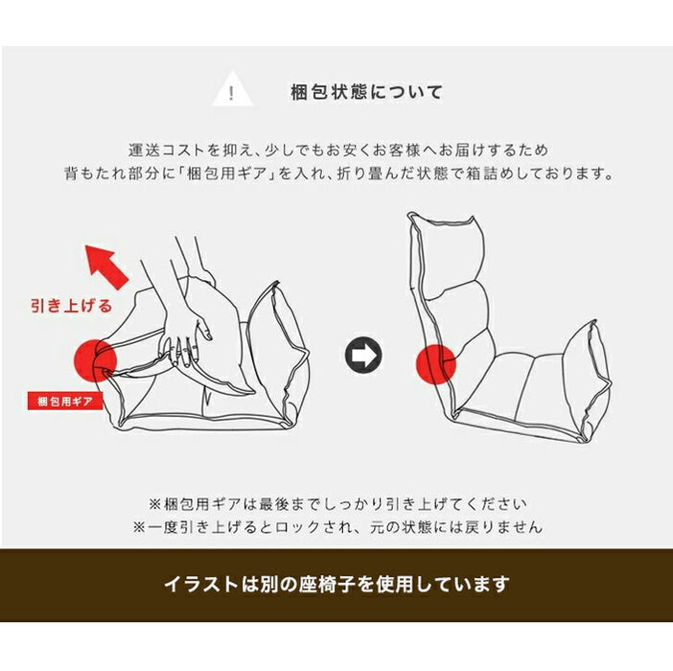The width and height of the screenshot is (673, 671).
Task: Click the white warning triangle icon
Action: [232, 91]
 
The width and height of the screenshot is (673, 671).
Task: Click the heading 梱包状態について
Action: [366, 93]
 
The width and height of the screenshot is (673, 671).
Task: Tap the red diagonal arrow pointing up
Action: [106, 266]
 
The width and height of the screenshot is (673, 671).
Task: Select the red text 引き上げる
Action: [71, 306]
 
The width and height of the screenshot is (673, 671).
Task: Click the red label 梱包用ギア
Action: [65, 402]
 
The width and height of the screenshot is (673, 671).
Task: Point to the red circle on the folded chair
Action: [95, 360]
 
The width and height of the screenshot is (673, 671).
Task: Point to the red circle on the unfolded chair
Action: [436, 364]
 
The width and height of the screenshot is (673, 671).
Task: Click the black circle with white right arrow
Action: [363, 356]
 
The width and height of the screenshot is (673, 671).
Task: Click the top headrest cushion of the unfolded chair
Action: [449, 253]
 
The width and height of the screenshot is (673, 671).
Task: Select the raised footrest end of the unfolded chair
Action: [587, 378]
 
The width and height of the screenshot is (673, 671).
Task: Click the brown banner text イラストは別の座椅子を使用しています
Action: [336, 585]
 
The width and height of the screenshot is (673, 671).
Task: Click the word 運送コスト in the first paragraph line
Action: [167, 150]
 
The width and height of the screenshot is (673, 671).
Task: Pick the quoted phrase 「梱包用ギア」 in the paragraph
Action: [225, 174]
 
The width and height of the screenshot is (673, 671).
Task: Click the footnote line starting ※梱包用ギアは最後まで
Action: [337, 504]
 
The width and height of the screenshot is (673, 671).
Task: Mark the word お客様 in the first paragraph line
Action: [396, 150]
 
